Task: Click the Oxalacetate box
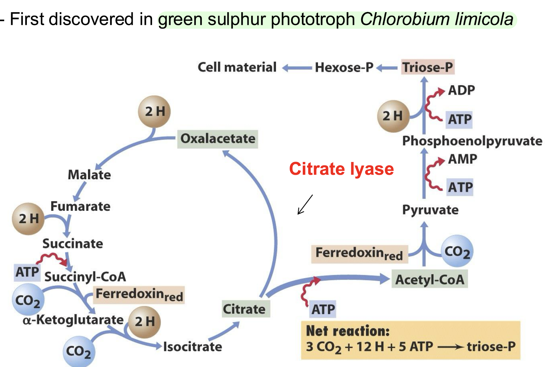(x=218, y=139)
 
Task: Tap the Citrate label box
(x=244, y=309)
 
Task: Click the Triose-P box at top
(x=427, y=67)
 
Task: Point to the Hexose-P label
(x=344, y=68)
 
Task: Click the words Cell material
(x=237, y=67)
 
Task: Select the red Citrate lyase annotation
(x=341, y=169)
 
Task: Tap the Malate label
(x=89, y=175)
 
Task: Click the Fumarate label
(x=81, y=207)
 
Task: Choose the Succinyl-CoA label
(x=85, y=277)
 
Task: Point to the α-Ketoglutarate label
(x=73, y=320)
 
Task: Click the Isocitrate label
(x=193, y=347)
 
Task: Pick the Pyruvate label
(x=430, y=210)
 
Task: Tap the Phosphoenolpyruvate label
(x=472, y=141)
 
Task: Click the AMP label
(x=462, y=159)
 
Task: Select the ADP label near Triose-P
(x=461, y=90)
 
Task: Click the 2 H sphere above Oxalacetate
(x=154, y=112)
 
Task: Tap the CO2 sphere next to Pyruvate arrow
(x=457, y=251)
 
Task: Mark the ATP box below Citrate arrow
(x=323, y=309)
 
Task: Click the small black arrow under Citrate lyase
(x=305, y=205)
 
